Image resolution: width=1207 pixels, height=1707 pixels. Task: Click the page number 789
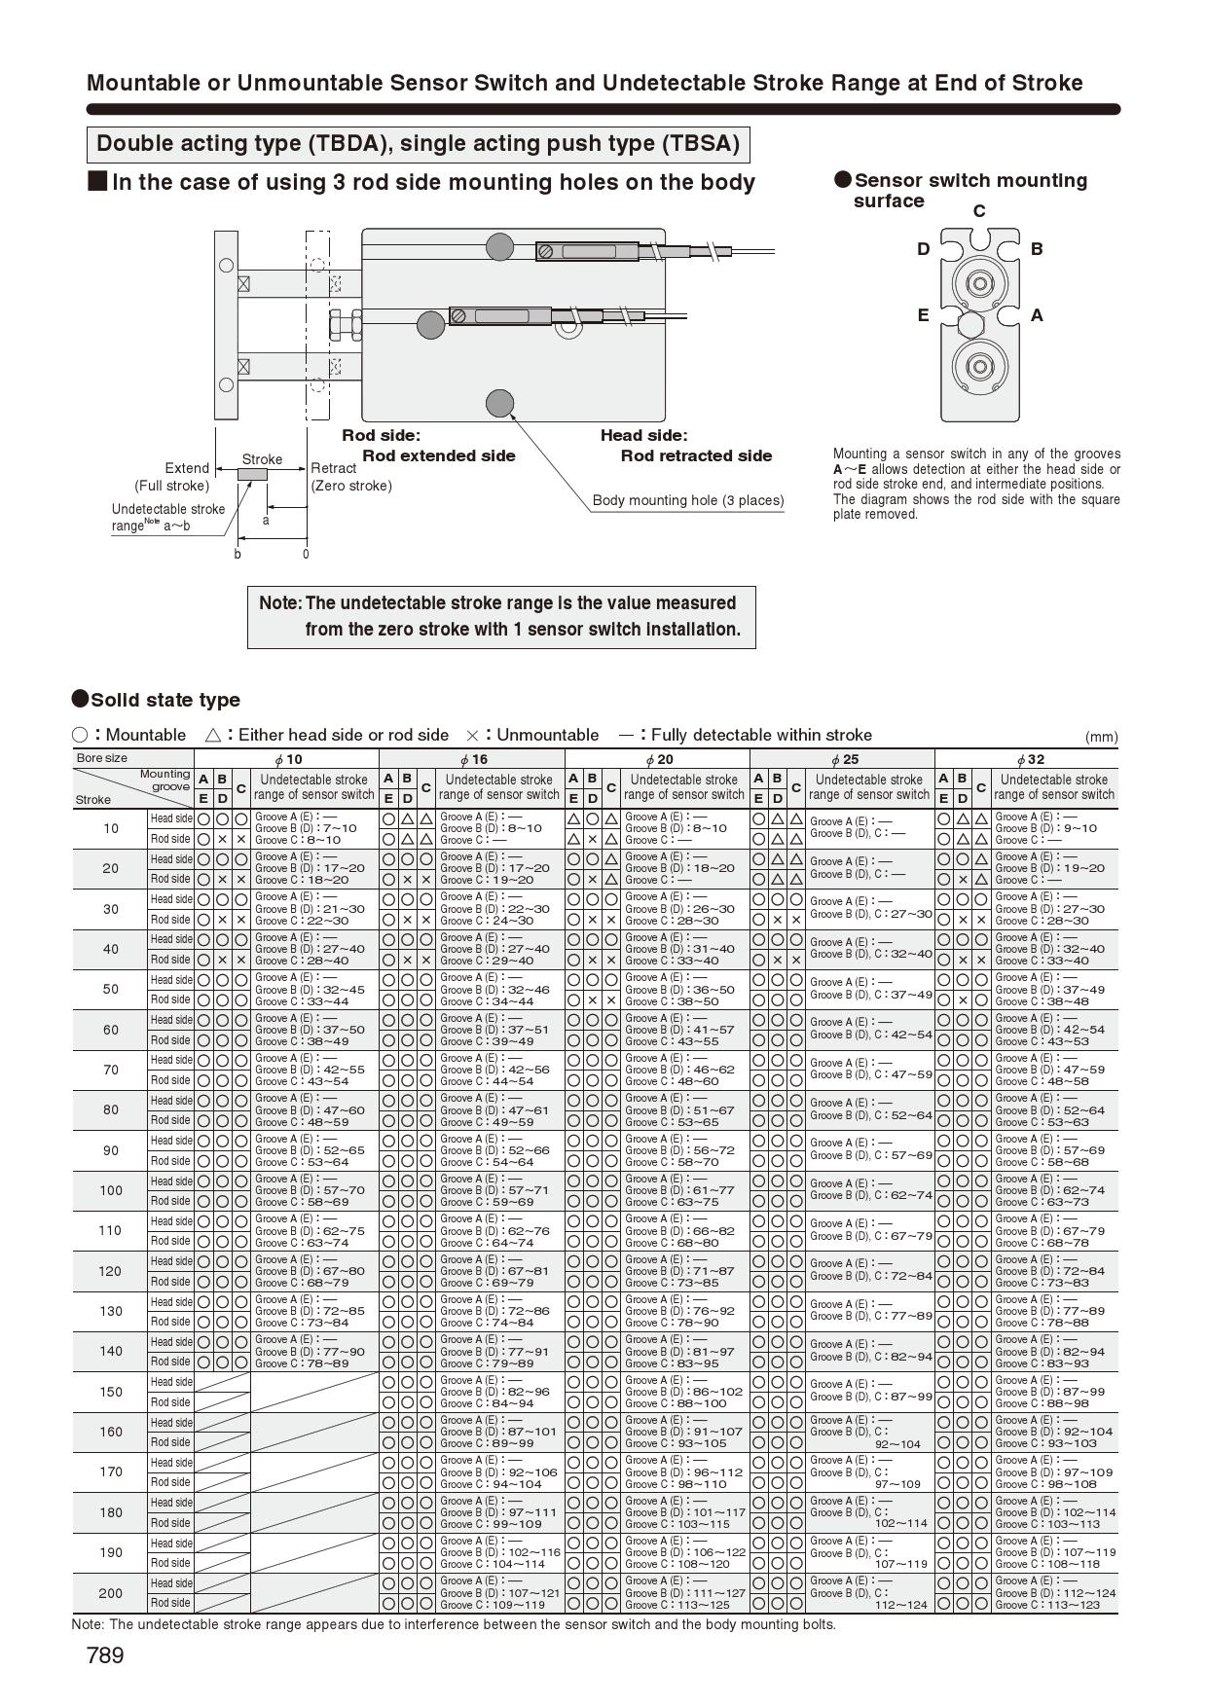105,1655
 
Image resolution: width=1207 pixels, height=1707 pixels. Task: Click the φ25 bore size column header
843,759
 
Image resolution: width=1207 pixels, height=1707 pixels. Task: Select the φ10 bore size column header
287,759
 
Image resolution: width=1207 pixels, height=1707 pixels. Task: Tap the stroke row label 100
110,1190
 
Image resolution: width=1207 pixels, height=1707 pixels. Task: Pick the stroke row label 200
110,1593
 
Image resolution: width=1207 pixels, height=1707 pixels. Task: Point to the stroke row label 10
110,828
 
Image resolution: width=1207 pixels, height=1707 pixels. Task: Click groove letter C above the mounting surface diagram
979,211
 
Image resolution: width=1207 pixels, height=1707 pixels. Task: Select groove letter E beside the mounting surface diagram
923,315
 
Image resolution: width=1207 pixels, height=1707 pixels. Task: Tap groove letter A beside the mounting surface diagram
1037,315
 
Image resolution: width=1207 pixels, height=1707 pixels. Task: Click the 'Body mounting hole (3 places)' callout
688,500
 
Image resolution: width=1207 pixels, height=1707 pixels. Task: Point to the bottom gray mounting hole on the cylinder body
499,403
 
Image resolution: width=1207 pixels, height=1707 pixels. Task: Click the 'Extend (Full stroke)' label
172,477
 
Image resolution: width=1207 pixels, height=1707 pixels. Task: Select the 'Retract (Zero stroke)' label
350,477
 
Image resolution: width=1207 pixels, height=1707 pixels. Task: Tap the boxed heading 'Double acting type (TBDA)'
418,144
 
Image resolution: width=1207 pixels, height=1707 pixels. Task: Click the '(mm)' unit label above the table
1101,737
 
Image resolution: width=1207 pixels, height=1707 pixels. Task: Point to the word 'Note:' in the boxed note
280,603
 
